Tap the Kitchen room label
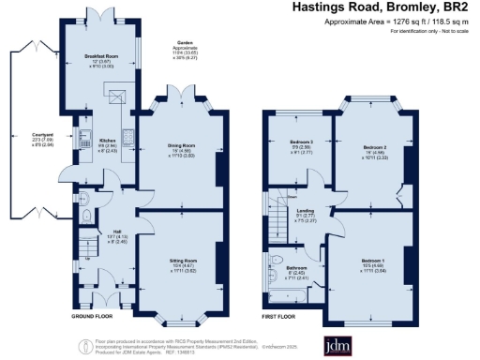[x=108, y=141]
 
